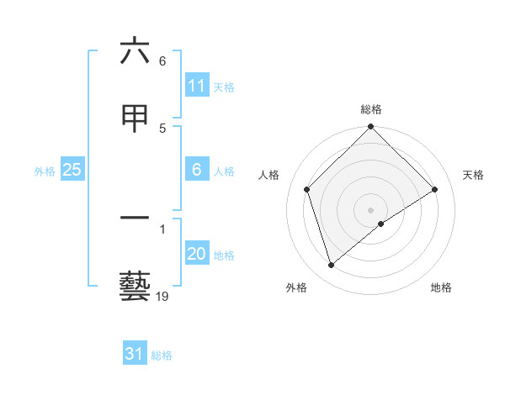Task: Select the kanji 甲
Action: click(x=135, y=118)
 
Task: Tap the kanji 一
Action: click(x=135, y=219)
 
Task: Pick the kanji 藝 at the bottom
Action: click(x=135, y=287)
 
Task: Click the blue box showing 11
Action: click(x=197, y=86)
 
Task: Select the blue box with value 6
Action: click(x=197, y=170)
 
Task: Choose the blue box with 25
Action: click(x=72, y=170)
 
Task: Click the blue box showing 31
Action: click(x=135, y=355)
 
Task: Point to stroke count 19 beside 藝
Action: click(x=162, y=296)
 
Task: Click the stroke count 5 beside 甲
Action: click(x=162, y=128)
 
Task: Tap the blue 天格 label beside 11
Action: click(x=224, y=87)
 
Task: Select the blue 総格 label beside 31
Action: click(x=162, y=355)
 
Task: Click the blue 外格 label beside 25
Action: click(x=45, y=171)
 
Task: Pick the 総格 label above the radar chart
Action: click(x=371, y=109)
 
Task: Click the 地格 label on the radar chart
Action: click(x=441, y=287)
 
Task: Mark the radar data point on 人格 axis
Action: click(x=307, y=189)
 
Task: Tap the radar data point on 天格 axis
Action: click(x=435, y=189)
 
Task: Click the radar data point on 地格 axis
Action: click(x=381, y=224)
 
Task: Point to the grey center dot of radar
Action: click(x=371, y=209)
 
